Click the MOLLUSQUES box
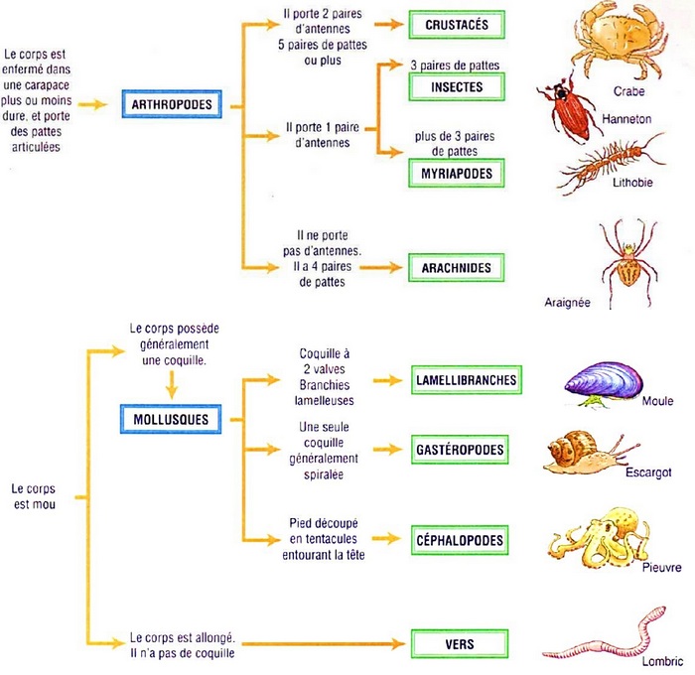[171, 419]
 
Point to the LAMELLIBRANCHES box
[465, 380]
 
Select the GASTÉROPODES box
[460, 450]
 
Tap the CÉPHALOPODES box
[460, 541]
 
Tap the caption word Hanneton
[625, 117]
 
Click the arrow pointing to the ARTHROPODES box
[93, 103]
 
